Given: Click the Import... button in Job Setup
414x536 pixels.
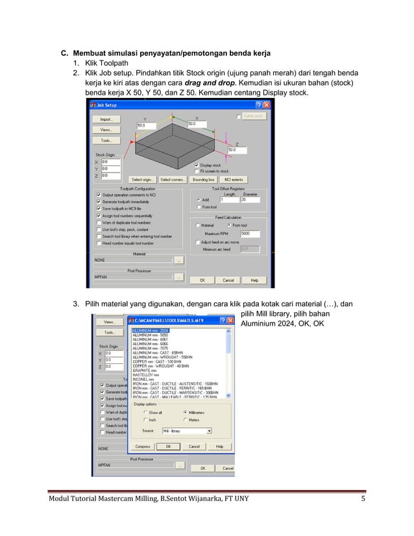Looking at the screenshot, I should (106, 119).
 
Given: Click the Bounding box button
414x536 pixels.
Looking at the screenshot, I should (203, 179).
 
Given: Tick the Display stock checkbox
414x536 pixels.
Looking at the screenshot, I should (197, 165).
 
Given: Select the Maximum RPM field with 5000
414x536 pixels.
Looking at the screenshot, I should (250, 233).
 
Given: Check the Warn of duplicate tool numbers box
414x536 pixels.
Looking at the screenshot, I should (98, 223).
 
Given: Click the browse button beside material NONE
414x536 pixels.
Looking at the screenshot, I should (179, 260).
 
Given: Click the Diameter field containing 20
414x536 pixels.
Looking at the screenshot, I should (250, 200).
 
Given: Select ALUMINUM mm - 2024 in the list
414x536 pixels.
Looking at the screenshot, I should (151, 330).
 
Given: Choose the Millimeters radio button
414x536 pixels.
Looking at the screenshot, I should (185, 412).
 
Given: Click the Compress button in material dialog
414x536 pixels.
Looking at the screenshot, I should (143, 446).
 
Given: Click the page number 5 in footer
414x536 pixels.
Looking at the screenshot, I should (363, 498).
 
